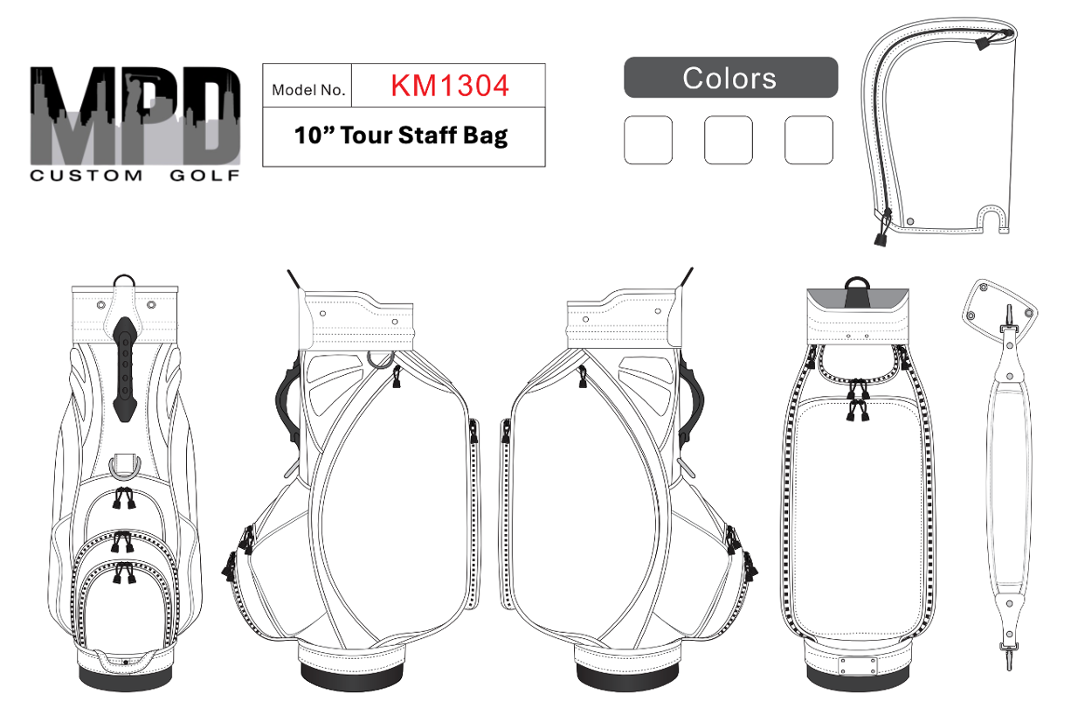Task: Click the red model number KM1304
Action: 449,86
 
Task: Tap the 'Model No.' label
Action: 308,90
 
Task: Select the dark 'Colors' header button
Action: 730,78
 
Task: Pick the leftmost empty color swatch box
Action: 648,140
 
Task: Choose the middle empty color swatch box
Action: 729,140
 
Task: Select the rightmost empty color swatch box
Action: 809,140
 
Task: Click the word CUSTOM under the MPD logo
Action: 86,176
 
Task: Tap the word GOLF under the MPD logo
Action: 204,176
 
